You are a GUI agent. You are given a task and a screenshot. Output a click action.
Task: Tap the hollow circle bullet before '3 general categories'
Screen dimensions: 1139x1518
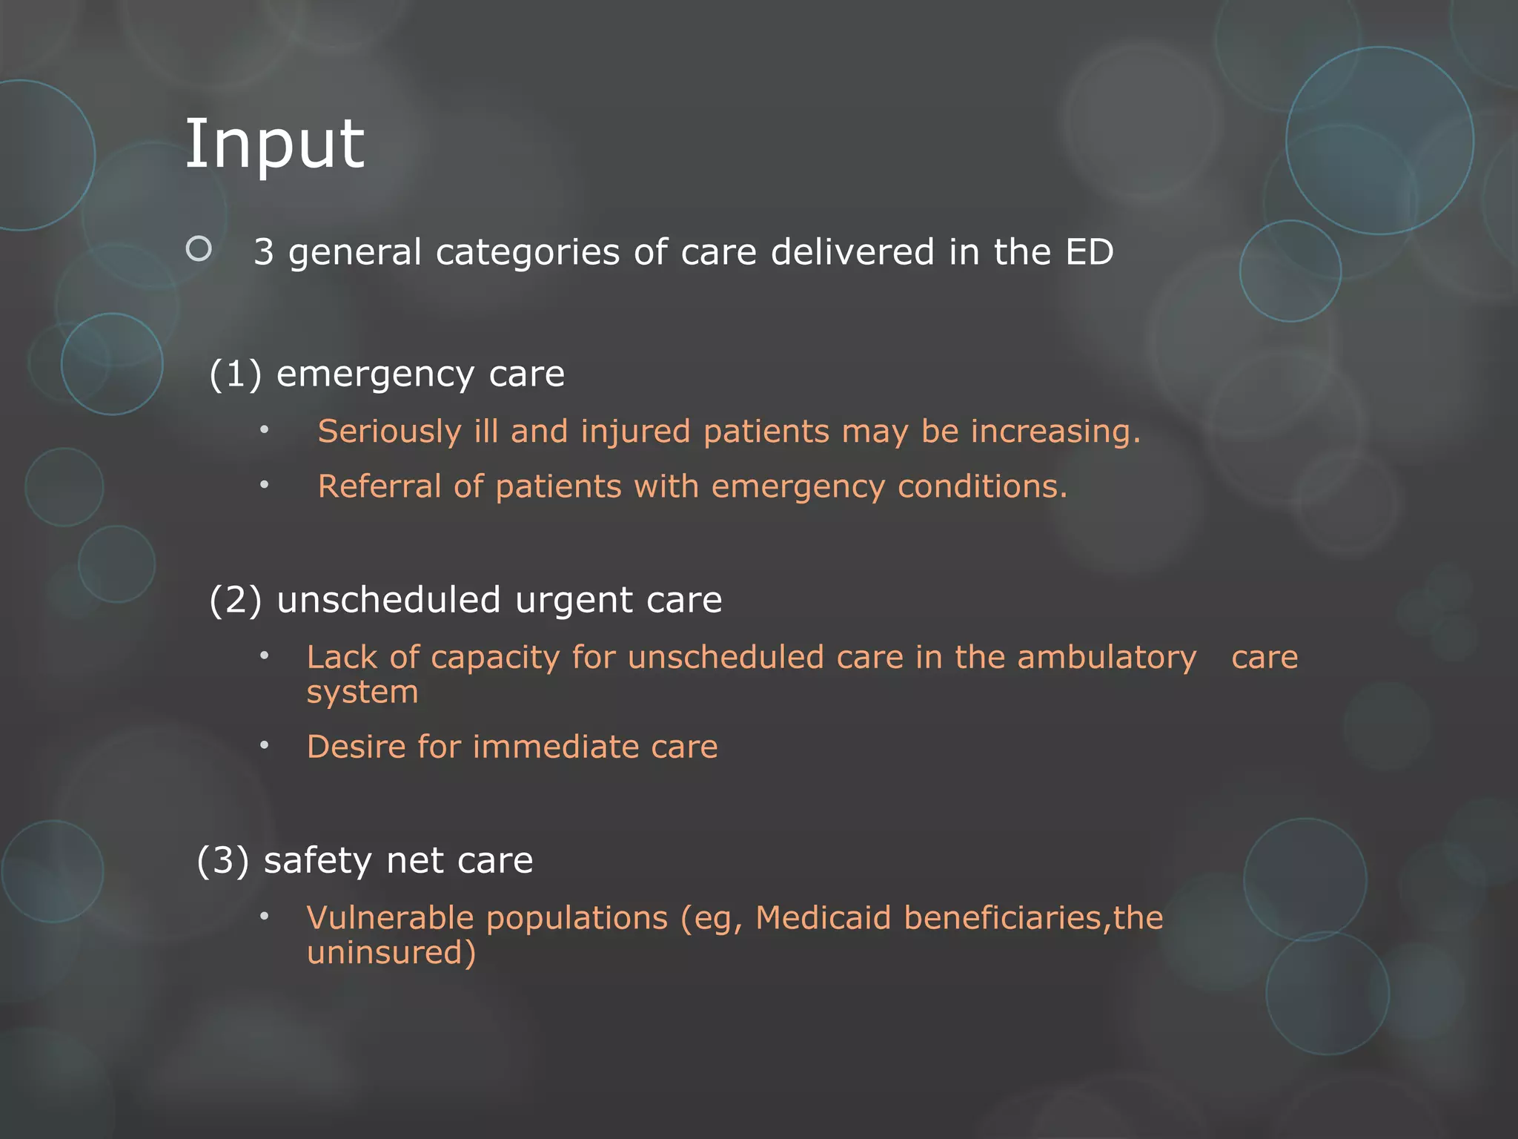[199, 248]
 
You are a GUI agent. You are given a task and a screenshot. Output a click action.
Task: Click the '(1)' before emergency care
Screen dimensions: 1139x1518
[236, 374]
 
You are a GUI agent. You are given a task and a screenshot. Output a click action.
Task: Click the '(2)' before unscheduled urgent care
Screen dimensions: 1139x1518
[236, 600]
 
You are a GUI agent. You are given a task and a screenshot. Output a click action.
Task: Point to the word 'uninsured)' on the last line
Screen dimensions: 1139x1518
[391, 953]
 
